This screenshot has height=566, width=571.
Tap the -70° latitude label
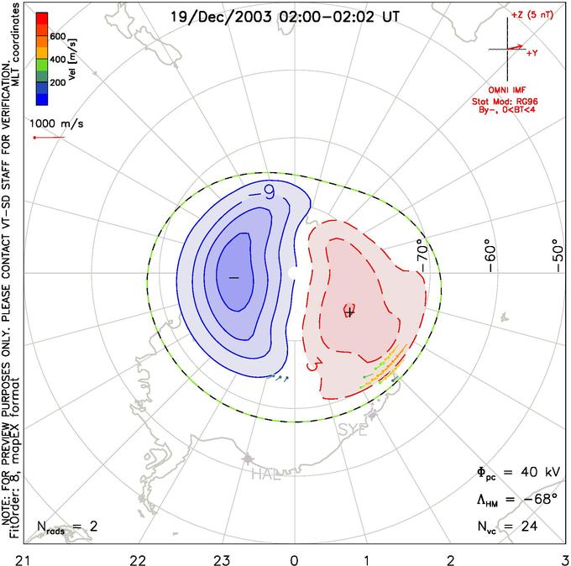coord(423,250)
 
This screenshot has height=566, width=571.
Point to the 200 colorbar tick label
coord(58,84)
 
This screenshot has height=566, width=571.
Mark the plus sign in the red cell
coord(350,312)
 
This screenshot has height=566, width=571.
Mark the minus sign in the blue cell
coord(233,276)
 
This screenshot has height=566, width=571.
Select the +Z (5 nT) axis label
coord(529,15)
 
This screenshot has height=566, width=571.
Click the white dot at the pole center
coord(293,273)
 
